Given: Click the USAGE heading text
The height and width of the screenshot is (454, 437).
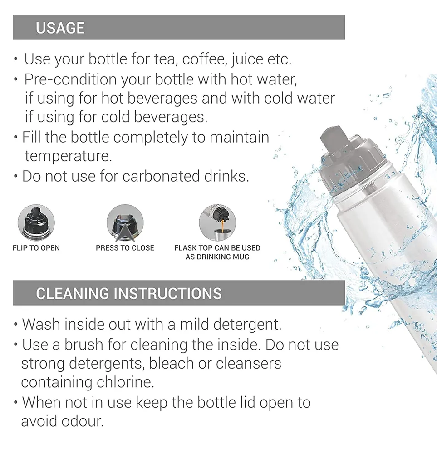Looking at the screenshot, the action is (x=60, y=28).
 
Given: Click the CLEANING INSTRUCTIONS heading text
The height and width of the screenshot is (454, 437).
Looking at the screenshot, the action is (x=129, y=293).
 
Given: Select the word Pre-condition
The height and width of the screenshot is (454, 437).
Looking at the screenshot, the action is (x=70, y=79).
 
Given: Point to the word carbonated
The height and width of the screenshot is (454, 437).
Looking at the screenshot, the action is (x=161, y=176).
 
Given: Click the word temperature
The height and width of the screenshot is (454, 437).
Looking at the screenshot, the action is (x=69, y=156).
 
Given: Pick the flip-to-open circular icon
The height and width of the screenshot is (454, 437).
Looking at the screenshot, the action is (x=36, y=222).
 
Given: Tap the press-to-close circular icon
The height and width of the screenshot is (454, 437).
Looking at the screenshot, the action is (x=125, y=222).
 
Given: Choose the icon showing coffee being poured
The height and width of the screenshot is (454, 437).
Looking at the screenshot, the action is (x=217, y=222).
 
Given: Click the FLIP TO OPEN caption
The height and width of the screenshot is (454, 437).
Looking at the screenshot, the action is (x=36, y=248).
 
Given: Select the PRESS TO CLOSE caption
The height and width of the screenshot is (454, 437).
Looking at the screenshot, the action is (x=125, y=248).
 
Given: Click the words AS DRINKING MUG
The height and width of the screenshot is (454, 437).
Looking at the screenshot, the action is (x=217, y=257).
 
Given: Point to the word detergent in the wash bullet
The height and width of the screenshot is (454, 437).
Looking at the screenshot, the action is (x=247, y=324).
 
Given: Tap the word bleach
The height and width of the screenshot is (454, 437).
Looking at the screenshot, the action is (x=172, y=363).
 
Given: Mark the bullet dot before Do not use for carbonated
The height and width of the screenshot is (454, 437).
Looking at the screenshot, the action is (x=16, y=176).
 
